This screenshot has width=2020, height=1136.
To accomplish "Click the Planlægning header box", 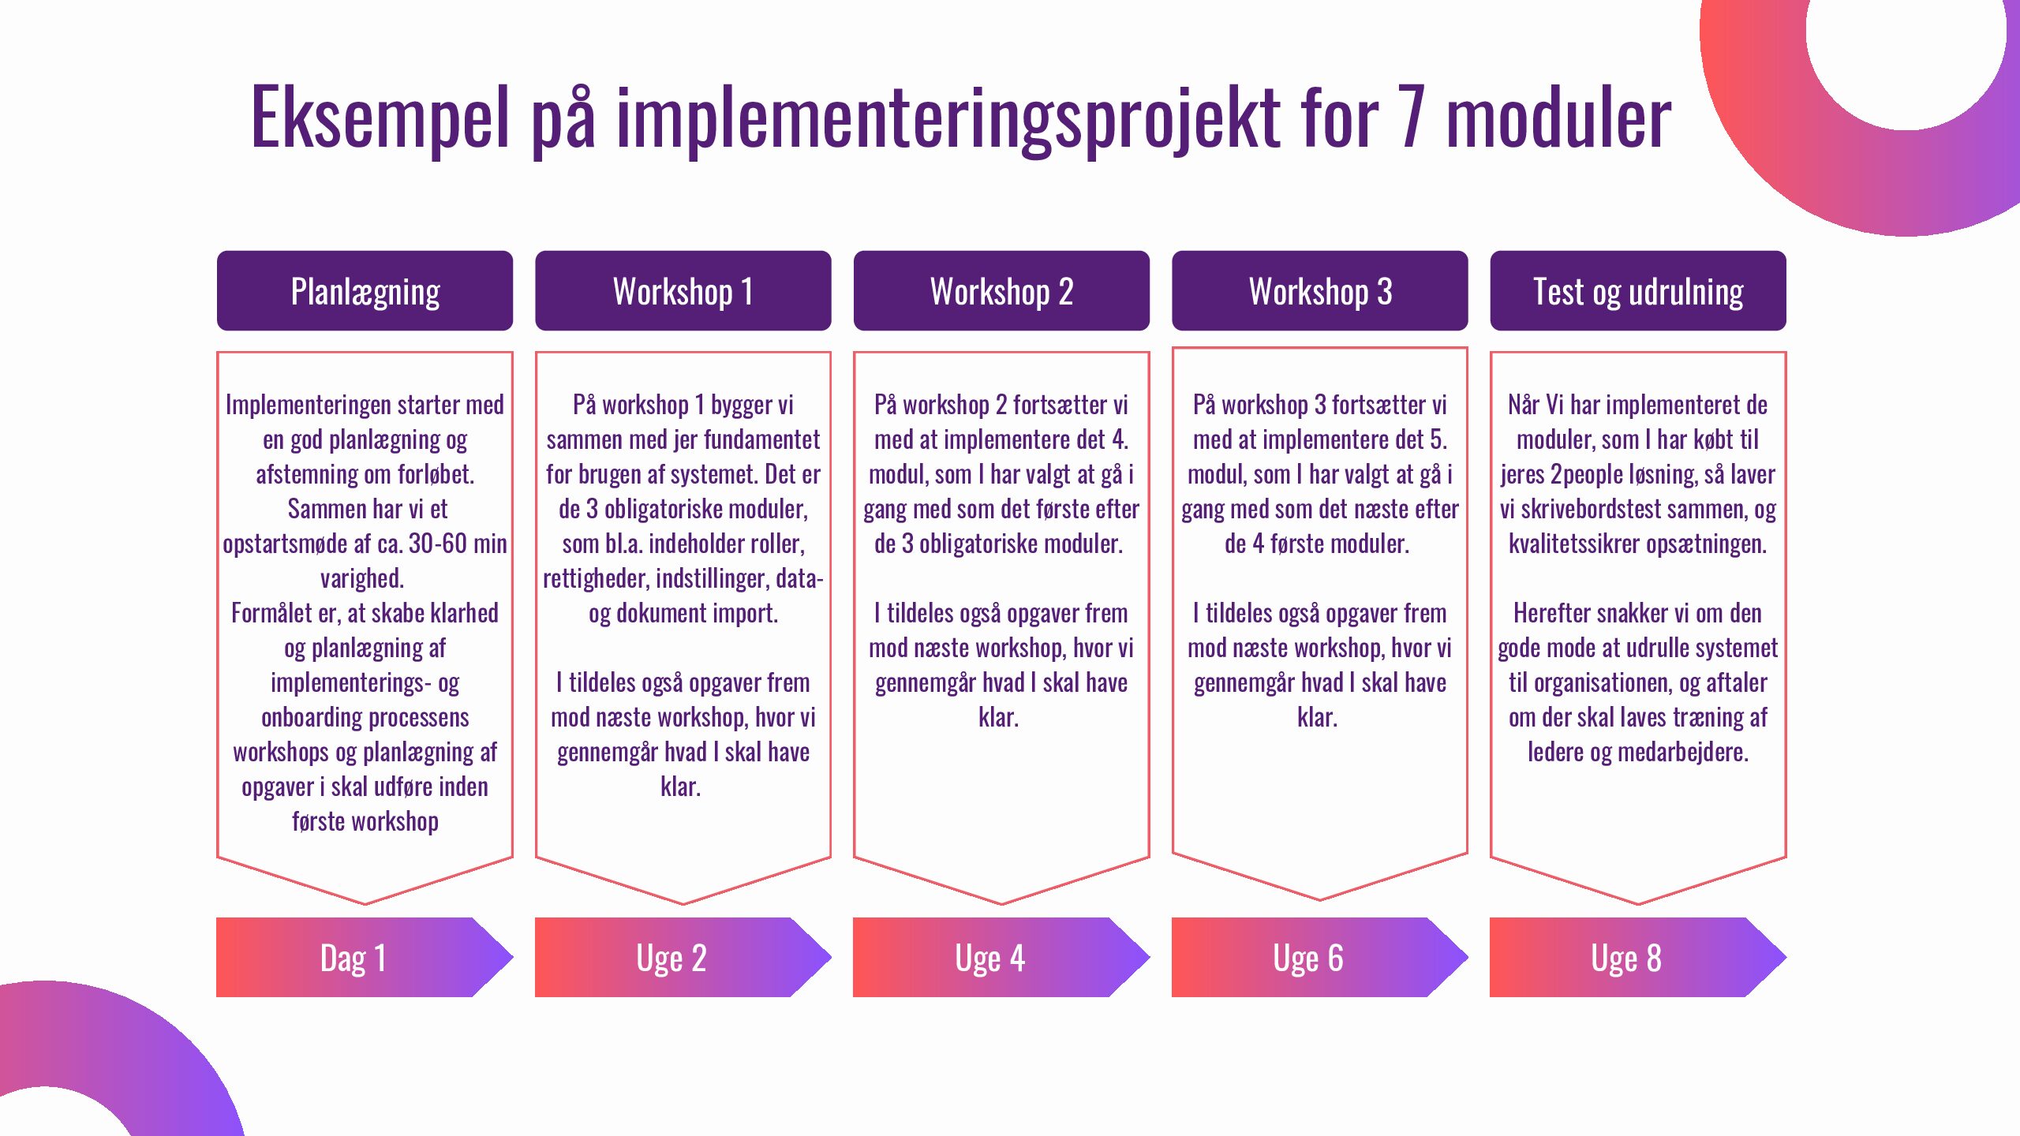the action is (x=365, y=290).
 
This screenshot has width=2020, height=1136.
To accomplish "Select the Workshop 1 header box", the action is (x=683, y=290).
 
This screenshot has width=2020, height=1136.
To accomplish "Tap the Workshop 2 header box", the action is (x=1001, y=290).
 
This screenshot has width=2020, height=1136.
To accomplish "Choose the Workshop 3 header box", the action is (x=1319, y=290).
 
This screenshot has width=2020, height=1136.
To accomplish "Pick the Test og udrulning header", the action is (x=1638, y=290).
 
